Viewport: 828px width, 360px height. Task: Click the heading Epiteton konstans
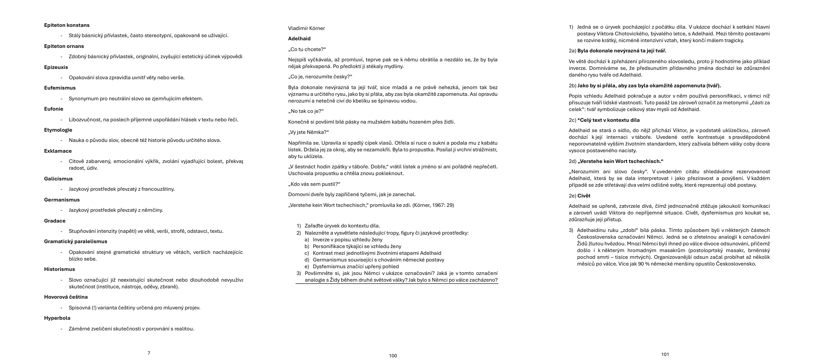[x=67, y=25]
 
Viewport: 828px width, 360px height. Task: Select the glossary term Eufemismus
[x=60, y=88]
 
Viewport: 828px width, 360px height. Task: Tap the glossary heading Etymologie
[x=58, y=130]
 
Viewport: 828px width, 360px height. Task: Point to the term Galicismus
[x=58, y=179]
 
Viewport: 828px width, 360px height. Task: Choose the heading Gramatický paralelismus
[x=75, y=241]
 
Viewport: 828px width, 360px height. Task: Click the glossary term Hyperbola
[x=57, y=318]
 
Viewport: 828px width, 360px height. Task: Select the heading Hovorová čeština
[x=66, y=297]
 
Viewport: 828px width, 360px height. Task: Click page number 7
[x=149, y=353]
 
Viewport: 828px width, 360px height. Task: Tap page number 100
[x=393, y=356]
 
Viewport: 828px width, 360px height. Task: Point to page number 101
[x=665, y=355]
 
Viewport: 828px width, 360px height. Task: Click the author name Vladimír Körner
[x=306, y=28]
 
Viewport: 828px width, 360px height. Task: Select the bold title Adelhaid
[x=299, y=39]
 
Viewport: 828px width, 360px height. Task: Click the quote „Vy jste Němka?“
[x=309, y=132]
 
